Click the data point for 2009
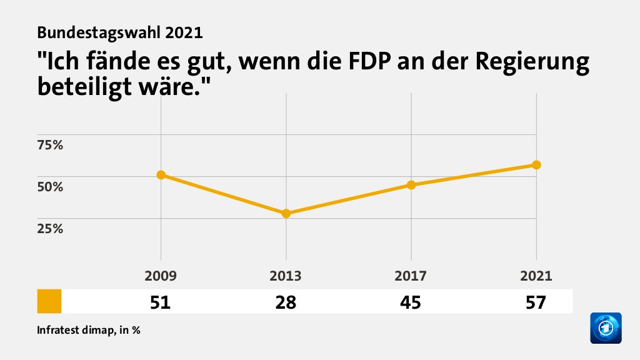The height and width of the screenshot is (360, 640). pyautogui.click(x=161, y=175)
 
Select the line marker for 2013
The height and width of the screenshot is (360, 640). pyautogui.click(x=286, y=213)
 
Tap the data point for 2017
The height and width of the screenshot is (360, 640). pyautogui.click(x=411, y=185)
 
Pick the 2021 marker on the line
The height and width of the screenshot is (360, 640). pyautogui.click(x=536, y=165)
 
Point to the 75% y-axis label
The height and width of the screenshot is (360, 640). pyautogui.click(x=51, y=146)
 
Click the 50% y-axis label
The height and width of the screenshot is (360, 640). pyautogui.click(x=51, y=187)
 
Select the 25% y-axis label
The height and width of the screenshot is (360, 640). pyautogui.click(x=51, y=229)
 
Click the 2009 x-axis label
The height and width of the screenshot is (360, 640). pyautogui.click(x=161, y=276)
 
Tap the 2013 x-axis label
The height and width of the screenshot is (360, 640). pyautogui.click(x=286, y=276)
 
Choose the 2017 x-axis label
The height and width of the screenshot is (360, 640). pyautogui.click(x=411, y=276)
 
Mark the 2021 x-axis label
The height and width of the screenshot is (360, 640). pyautogui.click(x=536, y=276)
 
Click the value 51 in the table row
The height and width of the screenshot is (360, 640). pyautogui.click(x=161, y=302)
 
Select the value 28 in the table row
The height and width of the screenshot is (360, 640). pyautogui.click(x=286, y=302)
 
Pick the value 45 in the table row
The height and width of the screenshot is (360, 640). pyautogui.click(x=411, y=302)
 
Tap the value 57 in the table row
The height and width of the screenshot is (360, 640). pyautogui.click(x=536, y=302)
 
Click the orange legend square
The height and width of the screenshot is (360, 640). pyautogui.click(x=49, y=301)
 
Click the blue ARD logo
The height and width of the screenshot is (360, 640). pyautogui.click(x=606, y=327)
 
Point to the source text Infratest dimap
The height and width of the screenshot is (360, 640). pyautogui.click(x=74, y=330)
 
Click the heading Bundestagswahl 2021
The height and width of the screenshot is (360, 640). pyautogui.click(x=120, y=31)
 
